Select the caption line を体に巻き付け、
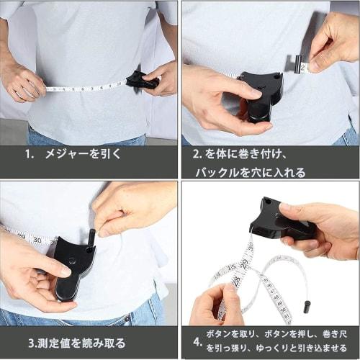247,153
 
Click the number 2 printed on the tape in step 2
304,67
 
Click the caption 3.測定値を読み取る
78,343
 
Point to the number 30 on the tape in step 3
37,240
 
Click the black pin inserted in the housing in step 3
91,238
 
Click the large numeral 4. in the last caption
197,341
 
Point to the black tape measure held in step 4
277,220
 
